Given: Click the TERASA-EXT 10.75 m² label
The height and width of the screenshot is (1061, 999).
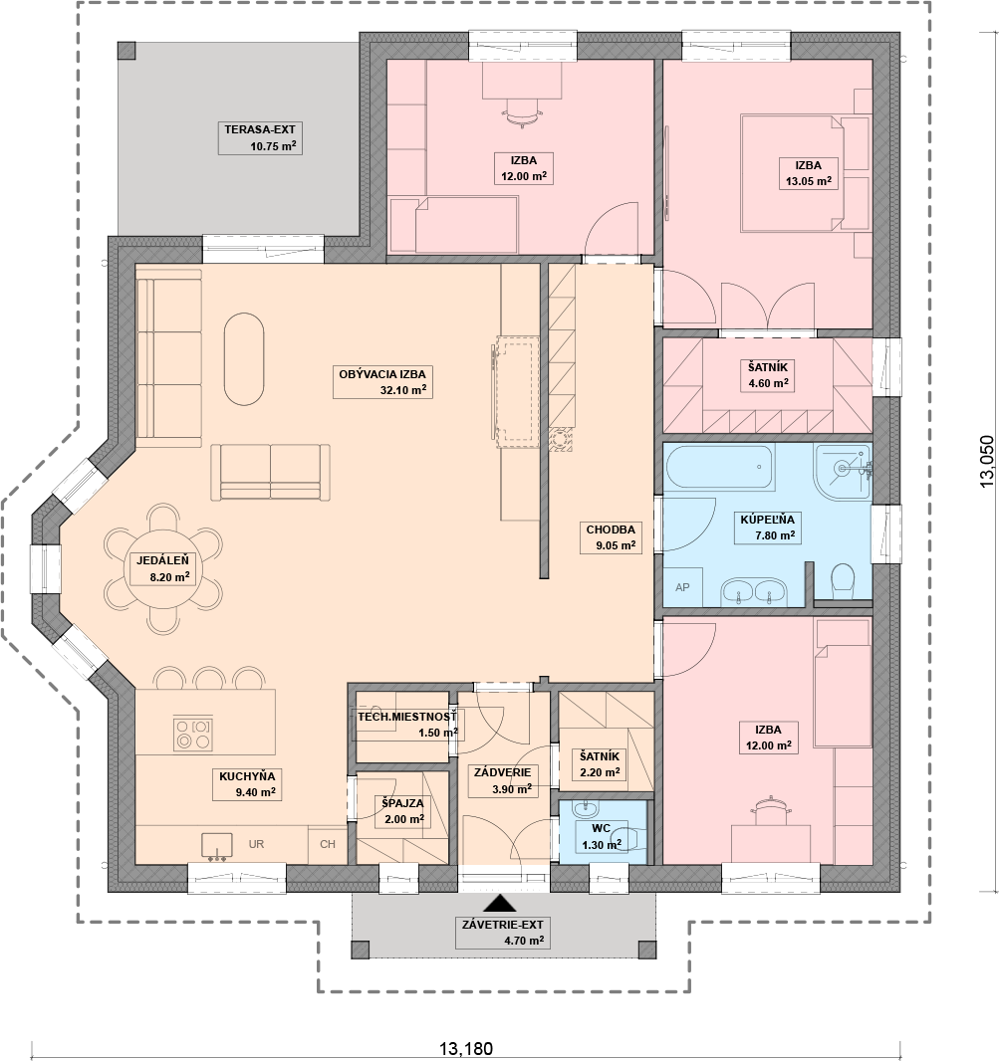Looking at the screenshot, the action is pos(260,138).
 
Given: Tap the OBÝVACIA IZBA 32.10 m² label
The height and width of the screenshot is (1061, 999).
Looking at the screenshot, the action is pos(382,381).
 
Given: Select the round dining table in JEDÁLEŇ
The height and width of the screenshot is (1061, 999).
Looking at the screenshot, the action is pos(162,568).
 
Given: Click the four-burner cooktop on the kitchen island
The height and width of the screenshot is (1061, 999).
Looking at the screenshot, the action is pos(193,734).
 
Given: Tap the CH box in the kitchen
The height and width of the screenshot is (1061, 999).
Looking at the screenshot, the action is pos(328,844).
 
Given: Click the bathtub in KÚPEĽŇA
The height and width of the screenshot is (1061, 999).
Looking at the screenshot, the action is pos(718,467).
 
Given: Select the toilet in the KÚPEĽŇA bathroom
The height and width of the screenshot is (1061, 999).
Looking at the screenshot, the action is pos(843,581).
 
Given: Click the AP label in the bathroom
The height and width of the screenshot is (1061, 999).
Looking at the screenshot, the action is pos(682,587).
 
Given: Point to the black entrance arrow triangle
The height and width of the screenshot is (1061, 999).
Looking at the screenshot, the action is pos(501,903).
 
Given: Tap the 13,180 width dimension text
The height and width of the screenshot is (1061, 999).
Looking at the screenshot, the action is pos(466,1049).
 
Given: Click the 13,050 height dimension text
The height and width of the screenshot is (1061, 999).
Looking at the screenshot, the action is pos(987,460).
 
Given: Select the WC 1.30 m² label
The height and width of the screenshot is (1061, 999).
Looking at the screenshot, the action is pos(602,836).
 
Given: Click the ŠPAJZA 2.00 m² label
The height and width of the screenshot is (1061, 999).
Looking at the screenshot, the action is pos(402,810).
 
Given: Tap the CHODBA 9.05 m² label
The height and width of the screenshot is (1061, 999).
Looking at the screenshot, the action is pos(611,537).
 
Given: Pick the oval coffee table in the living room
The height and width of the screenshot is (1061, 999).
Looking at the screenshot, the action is pos(244,358).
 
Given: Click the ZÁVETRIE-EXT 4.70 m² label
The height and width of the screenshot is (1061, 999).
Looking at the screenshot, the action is pos(503,933).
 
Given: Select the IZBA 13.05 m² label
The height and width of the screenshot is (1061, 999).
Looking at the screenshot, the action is pos(809,173).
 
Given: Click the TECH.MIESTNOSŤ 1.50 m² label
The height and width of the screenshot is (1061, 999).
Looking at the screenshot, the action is pos(407,724).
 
